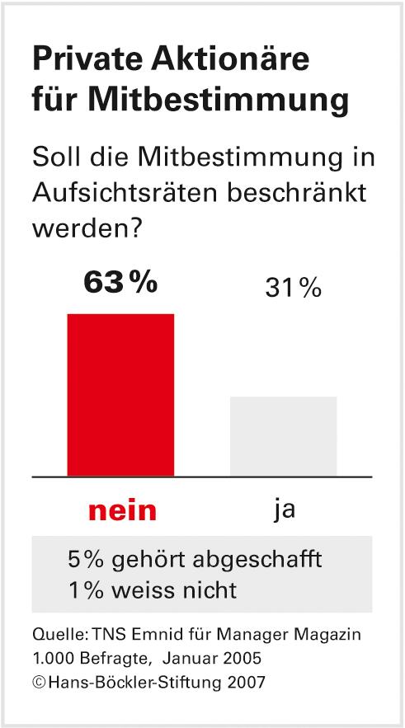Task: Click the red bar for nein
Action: coord(120,395)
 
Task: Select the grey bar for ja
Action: coord(283,436)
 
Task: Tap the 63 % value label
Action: coord(120,283)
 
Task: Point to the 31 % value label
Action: coord(293,289)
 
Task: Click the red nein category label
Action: coord(121,510)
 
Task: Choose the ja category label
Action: coord(285,510)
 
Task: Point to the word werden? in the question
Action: coord(84,227)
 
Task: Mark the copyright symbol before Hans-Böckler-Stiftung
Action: coord(39,682)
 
